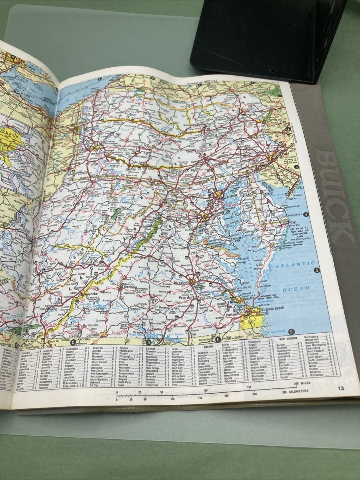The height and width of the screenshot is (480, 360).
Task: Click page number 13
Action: point(340,388)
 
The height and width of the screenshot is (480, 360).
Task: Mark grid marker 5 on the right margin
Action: point(317,270)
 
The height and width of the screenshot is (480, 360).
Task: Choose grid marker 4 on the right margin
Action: point(306,215)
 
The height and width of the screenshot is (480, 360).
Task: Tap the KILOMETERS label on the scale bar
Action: point(295,392)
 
